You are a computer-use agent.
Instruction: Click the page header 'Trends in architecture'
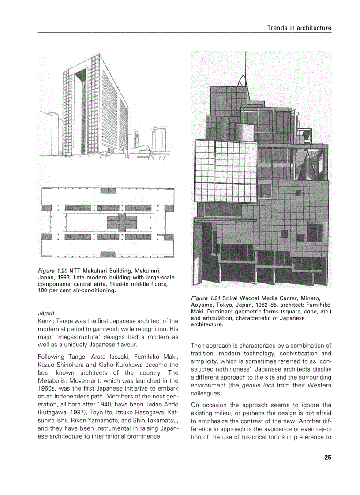[x=299, y=28]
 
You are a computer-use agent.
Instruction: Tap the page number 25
[x=327, y=457]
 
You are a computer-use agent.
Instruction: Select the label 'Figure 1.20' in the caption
[x=52, y=270]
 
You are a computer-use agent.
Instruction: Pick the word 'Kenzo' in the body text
[x=47, y=321]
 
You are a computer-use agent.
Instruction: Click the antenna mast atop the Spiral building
[x=245, y=66]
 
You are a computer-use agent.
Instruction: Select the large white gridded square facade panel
[x=225, y=171]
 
